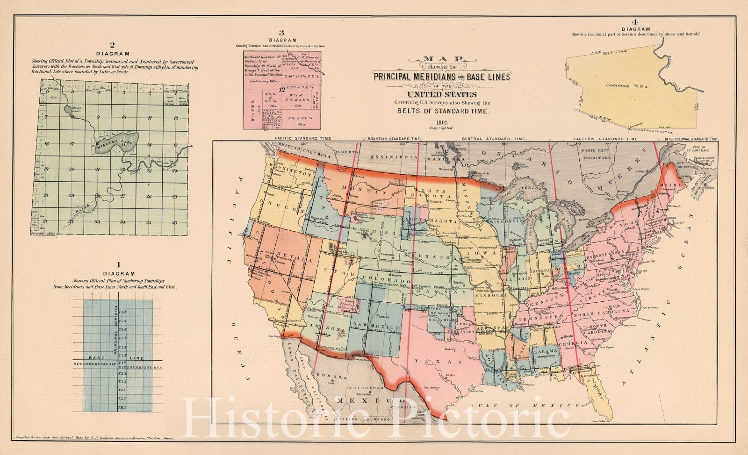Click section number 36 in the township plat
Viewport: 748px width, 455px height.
click(x=174, y=222)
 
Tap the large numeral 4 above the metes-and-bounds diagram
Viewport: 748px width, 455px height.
click(x=634, y=22)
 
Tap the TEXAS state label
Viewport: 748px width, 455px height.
click(x=442, y=362)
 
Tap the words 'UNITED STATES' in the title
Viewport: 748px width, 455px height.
click(x=441, y=94)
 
